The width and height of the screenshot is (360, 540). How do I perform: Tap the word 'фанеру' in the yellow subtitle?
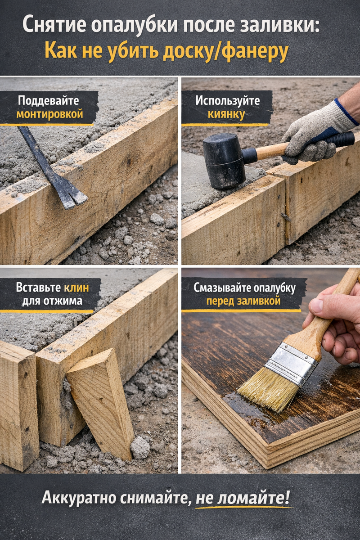[x=255, y=52]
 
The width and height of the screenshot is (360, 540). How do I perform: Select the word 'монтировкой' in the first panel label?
[x=49, y=114]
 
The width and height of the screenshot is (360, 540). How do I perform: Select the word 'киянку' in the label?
[x=226, y=115]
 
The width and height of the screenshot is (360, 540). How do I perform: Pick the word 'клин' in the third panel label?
[x=76, y=288]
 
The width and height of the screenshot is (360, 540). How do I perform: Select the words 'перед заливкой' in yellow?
[x=243, y=301]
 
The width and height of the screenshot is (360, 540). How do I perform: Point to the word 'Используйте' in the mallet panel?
[x=227, y=101]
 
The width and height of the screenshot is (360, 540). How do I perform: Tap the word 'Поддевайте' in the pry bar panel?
[x=48, y=101]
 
